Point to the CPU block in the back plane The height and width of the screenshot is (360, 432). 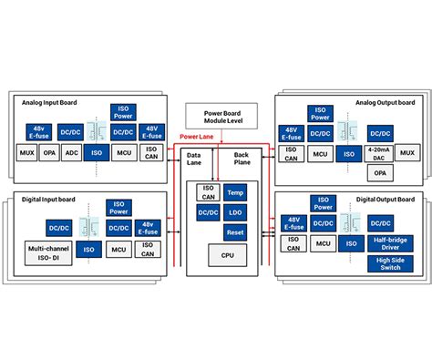pyautogui.click(x=221, y=257)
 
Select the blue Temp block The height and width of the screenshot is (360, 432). pyautogui.click(x=234, y=193)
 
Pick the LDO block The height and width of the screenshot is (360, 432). pyautogui.click(x=234, y=212)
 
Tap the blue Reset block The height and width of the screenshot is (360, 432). pyautogui.click(x=234, y=232)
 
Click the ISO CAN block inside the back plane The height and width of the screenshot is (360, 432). pyautogui.click(x=208, y=193)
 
